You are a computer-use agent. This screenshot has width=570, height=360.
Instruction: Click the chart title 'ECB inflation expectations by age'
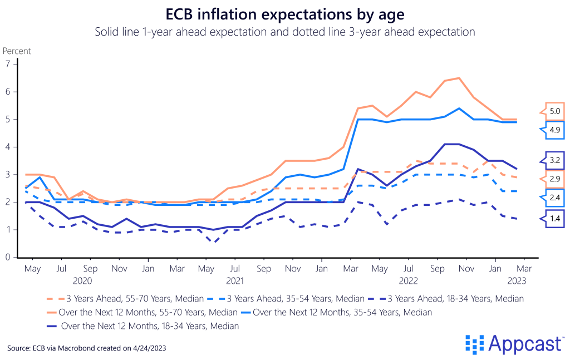(x=284, y=13)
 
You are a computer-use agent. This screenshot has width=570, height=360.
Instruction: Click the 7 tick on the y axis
(x=8, y=64)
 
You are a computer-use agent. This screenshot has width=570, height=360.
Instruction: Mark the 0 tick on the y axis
(x=8, y=258)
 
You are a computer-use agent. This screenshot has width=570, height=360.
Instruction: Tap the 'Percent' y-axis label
(x=17, y=51)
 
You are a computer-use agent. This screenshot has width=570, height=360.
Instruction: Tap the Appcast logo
(x=513, y=344)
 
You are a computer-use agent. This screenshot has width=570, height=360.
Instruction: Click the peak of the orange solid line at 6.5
(x=459, y=78)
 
